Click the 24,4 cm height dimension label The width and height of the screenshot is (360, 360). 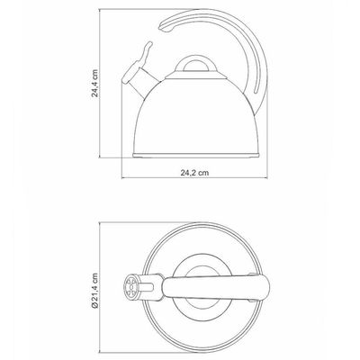pos(94,84)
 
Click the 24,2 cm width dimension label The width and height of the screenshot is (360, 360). pos(194,173)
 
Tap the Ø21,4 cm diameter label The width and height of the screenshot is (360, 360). pos(94,290)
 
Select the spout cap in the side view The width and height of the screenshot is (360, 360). pos(131,72)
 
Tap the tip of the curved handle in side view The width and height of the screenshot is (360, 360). pos(164,28)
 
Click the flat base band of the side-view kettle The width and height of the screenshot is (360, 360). pos(196,155)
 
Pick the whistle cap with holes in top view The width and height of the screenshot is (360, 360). pos(130,287)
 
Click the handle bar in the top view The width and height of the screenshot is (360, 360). pos(215,288)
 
